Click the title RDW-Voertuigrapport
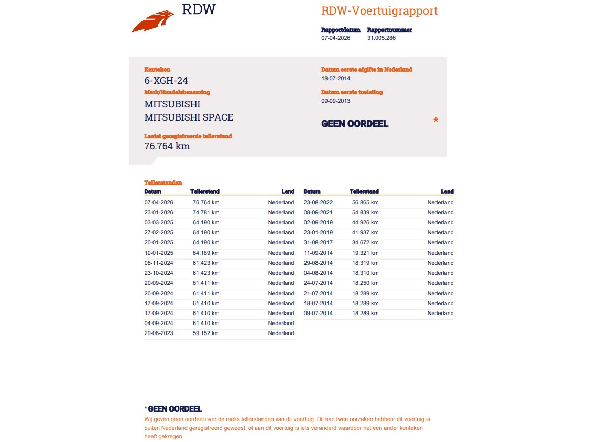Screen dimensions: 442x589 (x=379, y=11)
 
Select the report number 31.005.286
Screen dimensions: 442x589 (x=381, y=38)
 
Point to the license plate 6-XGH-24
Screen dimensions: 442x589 (x=166, y=81)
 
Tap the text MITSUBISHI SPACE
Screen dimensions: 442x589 (x=189, y=117)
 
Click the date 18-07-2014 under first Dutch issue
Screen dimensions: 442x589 (x=335, y=79)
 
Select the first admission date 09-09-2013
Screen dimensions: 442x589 (x=335, y=101)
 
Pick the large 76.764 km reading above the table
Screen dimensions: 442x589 (x=167, y=146)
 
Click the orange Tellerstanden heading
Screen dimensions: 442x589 (x=163, y=183)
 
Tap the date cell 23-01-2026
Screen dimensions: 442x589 (x=159, y=213)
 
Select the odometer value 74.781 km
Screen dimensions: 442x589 (x=206, y=213)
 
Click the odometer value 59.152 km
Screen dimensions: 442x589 (x=206, y=333)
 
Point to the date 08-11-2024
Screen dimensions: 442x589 (x=159, y=263)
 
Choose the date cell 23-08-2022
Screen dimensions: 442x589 (x=318, y=203)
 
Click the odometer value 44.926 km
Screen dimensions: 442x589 (x=365, y=223)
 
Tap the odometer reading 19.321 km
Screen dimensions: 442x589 (x=365, y=253)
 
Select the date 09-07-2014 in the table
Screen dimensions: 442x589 (x=318, y=314)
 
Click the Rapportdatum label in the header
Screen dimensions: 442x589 (x=341, y=30)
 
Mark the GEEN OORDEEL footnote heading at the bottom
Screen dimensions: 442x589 (x=174, y=409)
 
